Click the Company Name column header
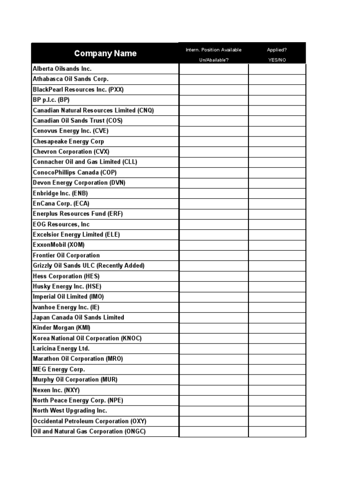(105, 53)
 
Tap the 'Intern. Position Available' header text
(214, 50)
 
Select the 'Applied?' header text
(277, 50)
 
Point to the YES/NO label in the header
(277, 60)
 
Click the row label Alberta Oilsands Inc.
(62, 69)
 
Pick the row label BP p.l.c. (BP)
(51, 100)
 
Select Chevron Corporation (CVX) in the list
(69, 152)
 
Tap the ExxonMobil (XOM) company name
(59, 245)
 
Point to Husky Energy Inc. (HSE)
(67, 286)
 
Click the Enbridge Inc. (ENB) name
(60, 193)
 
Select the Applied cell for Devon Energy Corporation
(277, 183)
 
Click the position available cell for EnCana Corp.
(214, 203)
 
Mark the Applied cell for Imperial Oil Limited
(277, 297)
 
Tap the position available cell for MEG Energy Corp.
(214, 369)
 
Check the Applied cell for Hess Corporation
(277, 276)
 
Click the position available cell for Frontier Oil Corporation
(214, 255)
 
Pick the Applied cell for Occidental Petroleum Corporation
(277, 421)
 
